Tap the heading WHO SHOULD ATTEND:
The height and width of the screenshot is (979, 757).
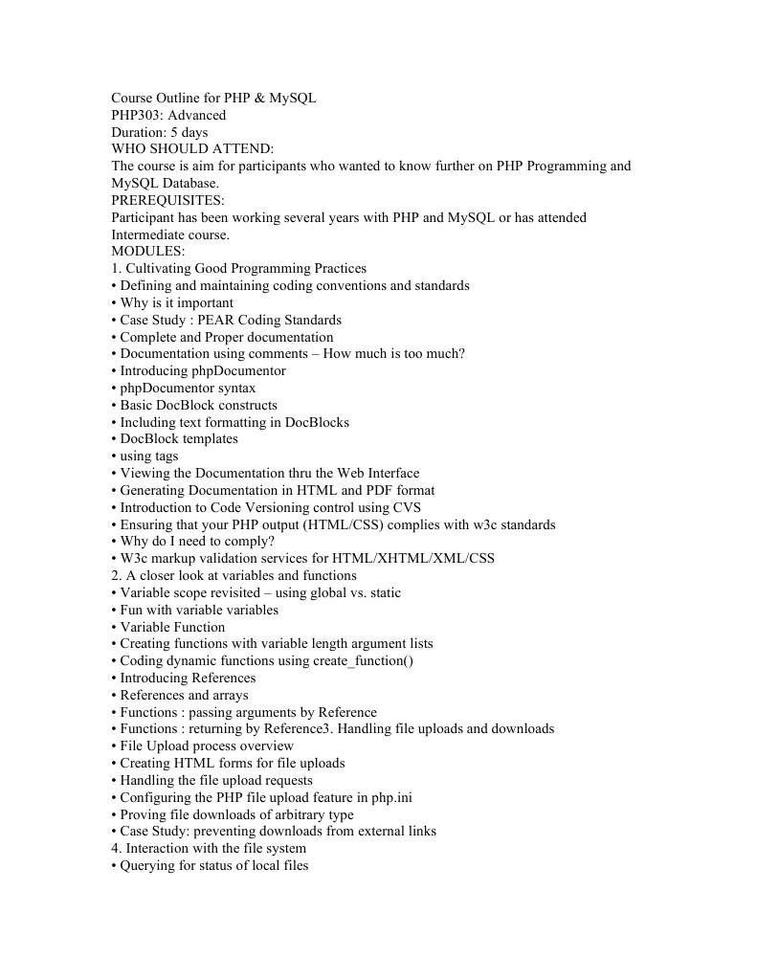[x=192, y=149]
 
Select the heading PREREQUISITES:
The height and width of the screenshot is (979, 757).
[x=168, y=200]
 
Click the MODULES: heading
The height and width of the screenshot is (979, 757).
[x=148, y=252]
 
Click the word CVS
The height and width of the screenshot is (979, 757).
[x=408, y=507]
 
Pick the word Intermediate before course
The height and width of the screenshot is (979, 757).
[x=151, y=234]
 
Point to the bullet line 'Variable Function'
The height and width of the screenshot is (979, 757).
[x=172, y=627]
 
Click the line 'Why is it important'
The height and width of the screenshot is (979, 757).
[x=176, y=302]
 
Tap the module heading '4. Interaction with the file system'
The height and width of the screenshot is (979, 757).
[x=209, y=848]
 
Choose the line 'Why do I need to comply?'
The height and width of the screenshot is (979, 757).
[x=197, y=541]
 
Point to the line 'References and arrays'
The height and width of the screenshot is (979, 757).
[x=184, y=695]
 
